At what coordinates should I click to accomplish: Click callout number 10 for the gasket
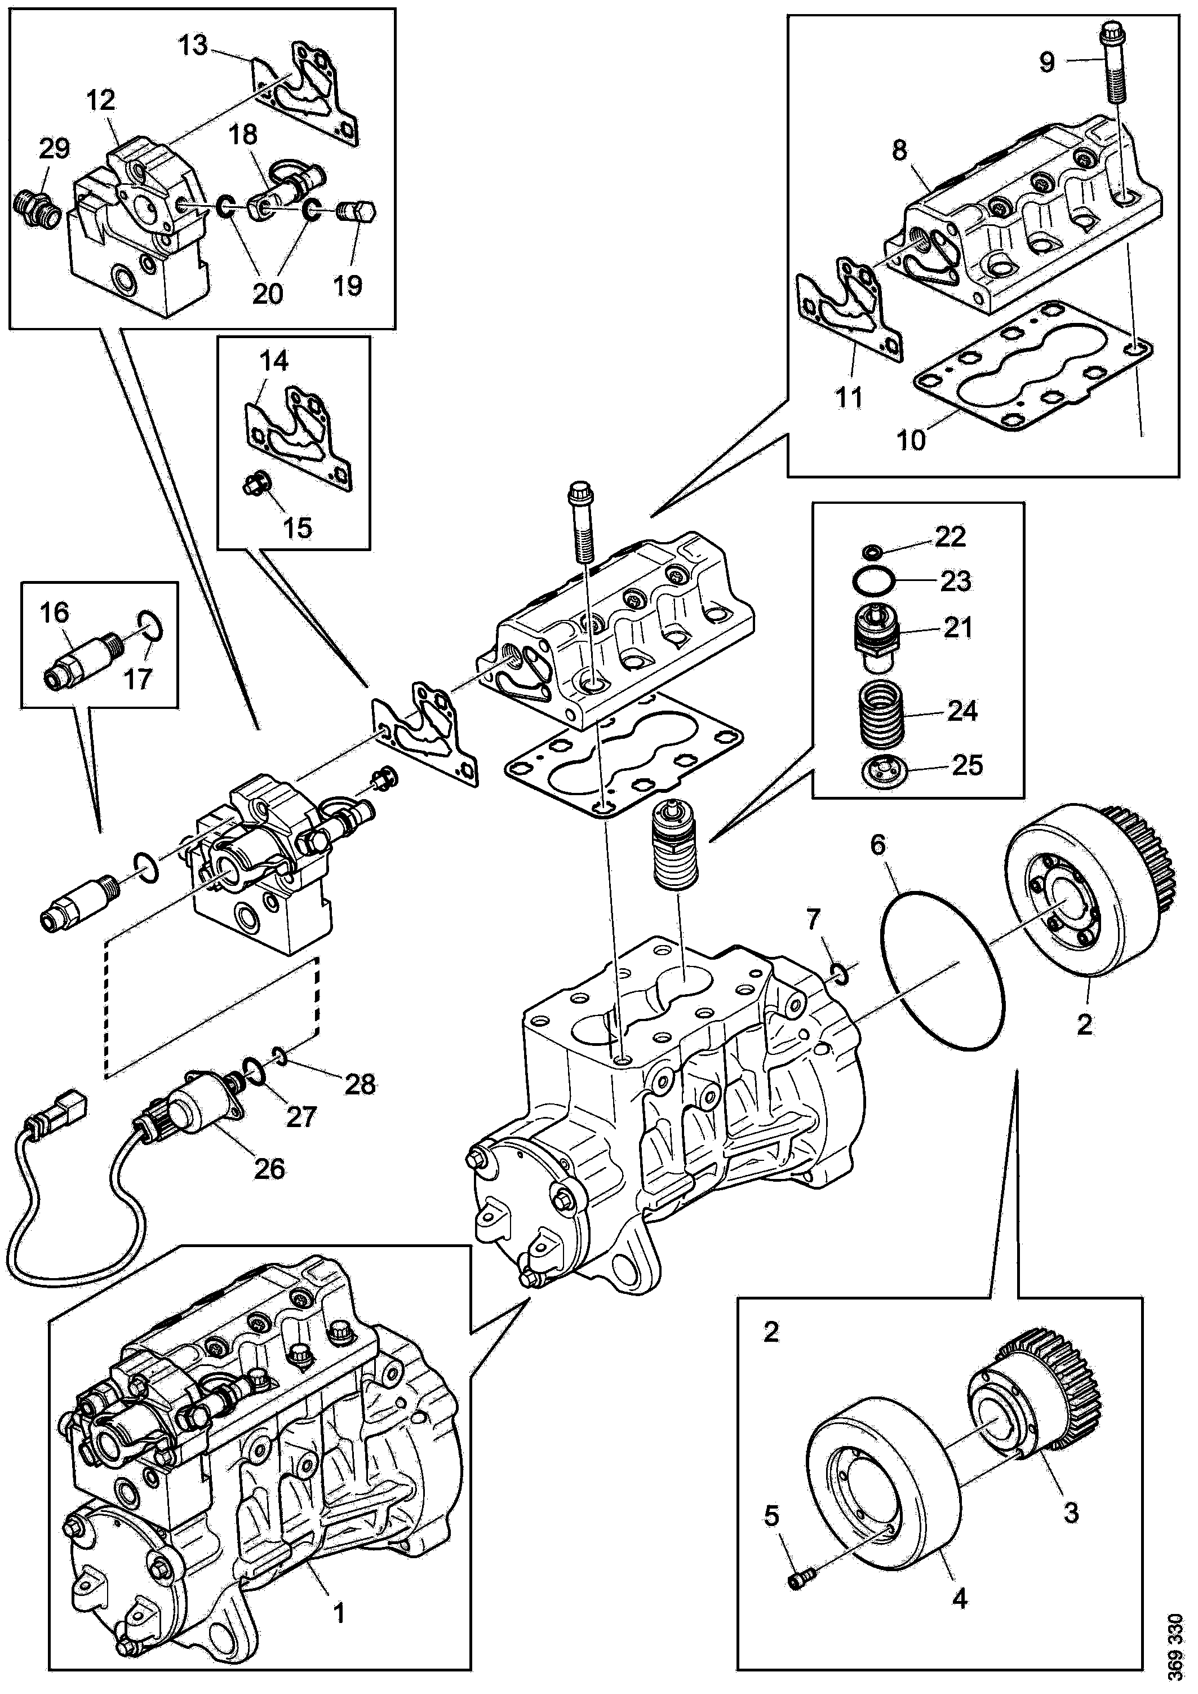[912, 441]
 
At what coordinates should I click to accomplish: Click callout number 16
[55, 613]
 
